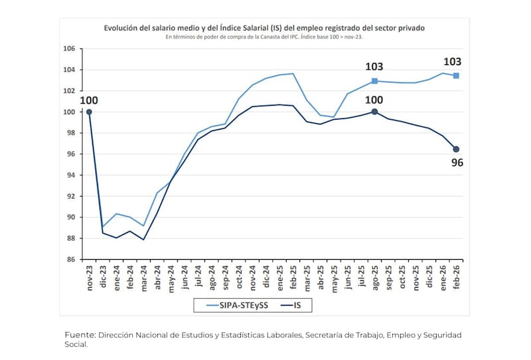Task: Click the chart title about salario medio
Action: point(264,29)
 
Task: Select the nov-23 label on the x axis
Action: point(89,278)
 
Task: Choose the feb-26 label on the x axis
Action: point(456,278)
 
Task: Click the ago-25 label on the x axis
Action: point(374,278)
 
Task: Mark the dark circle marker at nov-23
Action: point(89,112)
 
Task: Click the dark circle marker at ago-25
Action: point(374,112)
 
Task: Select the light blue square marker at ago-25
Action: point(374,81)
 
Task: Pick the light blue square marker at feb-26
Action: point(456,76)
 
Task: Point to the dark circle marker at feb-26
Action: point(456,149)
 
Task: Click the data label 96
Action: point(457,162)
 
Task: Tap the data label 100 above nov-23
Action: point(89,100)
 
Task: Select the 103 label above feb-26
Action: point(453,62)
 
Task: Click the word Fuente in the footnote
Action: point(80,335)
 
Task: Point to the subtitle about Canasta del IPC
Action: point(264,37)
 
